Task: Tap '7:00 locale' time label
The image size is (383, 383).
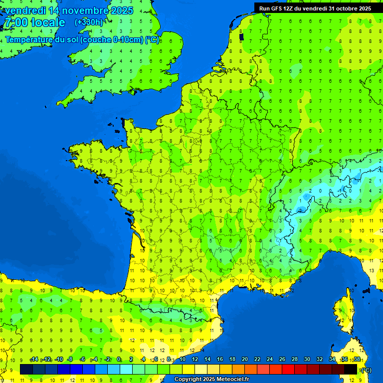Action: pos(35,22)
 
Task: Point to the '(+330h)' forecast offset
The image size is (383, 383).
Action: pos(88,22)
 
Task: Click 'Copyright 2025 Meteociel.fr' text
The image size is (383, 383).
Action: pos(211,380)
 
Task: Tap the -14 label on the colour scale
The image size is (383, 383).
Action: pos(34,360)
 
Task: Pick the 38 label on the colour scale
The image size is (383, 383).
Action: pos(357,360)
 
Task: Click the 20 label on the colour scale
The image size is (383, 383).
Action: pos(245,360)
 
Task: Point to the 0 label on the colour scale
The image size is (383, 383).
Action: pos(119,360)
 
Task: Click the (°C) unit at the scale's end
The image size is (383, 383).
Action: pos(367,370)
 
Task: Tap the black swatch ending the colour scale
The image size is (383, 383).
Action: pos(351,369)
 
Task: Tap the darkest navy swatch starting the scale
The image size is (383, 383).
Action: pos(26,369)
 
